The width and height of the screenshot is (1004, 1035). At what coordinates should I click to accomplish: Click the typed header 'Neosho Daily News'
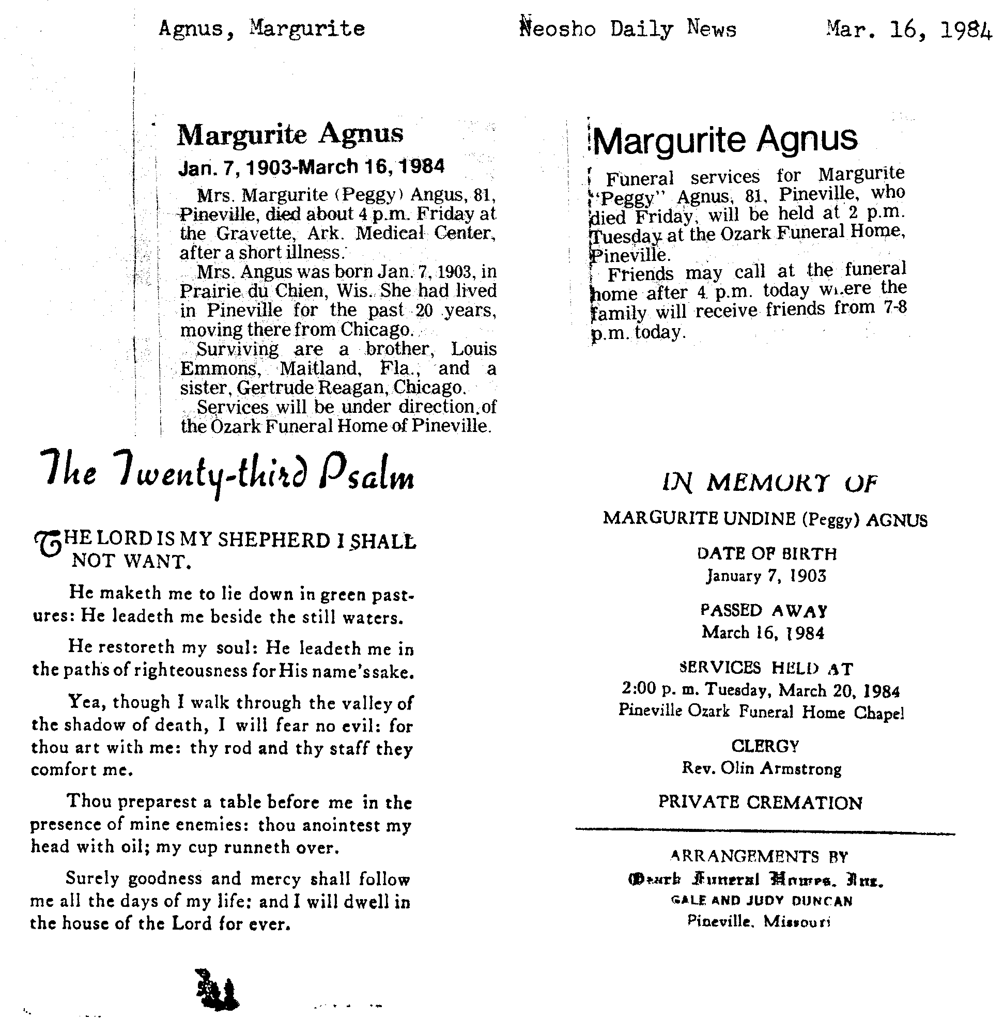click(627, 28)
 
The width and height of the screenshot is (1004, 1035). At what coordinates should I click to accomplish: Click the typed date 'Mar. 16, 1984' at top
click(909, 29)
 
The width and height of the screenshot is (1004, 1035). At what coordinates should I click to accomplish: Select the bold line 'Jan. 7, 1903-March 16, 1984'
click(311, 167)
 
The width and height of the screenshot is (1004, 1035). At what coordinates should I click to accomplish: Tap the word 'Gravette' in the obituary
click(256, 233)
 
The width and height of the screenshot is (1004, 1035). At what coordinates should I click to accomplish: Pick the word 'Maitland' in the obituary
click(320, 368)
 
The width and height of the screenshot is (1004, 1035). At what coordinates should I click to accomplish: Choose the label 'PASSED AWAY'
click(763, 611)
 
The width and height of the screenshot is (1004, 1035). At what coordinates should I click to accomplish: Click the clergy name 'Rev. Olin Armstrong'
click(761, 768)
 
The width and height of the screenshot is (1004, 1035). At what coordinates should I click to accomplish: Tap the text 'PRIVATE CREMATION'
click(760, 803)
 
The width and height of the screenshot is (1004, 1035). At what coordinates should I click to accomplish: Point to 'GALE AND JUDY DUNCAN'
click(761, 900)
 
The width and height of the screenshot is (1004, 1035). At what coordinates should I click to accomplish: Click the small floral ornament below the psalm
click(215, 989)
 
